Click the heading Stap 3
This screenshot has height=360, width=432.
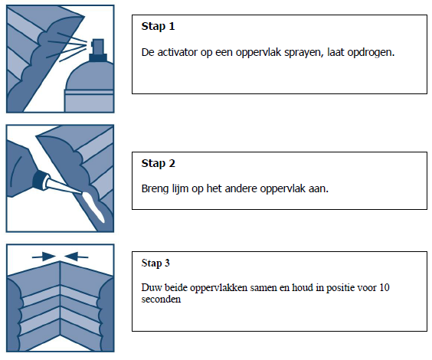click(155, 263)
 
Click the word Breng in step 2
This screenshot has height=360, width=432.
click(155, 188)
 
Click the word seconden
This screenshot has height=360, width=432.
click(162, 299)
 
